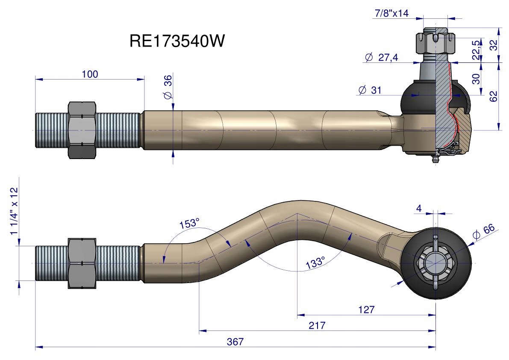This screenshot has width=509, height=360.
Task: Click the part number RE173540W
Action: [x=177, y=42]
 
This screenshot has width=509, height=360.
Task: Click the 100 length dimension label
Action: [x=90, y=74]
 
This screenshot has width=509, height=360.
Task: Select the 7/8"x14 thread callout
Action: [x=391, y=13]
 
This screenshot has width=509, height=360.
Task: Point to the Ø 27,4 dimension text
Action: [x=382, y=57]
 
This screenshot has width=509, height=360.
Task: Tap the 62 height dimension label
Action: [x=494, y=96]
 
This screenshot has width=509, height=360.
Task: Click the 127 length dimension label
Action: [x=367, y=310]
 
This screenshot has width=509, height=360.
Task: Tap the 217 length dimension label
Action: [x=317, y=325]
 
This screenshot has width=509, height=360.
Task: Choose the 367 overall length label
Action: [x=235, y=342]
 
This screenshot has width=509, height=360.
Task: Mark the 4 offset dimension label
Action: [x=418, y=209]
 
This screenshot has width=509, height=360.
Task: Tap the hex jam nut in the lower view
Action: [x=82, y=263]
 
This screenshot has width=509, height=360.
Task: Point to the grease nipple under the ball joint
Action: [x=435, y=159]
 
